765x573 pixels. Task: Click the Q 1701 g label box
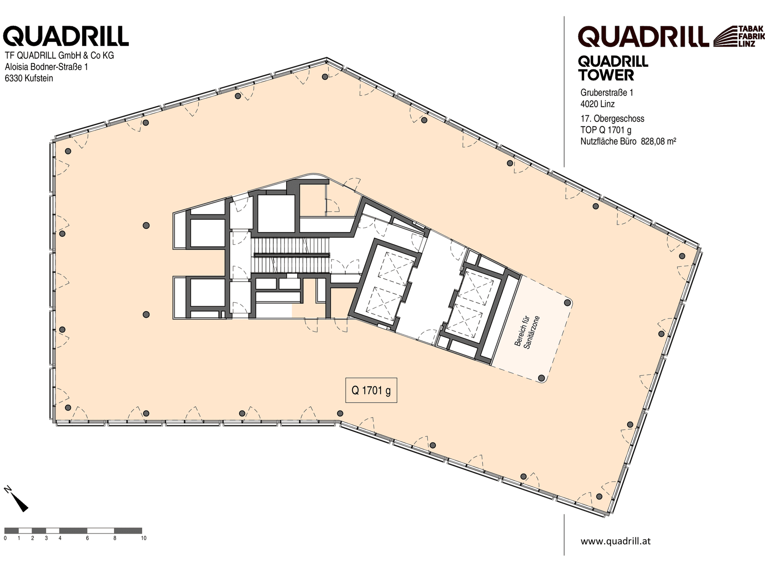[x=371, y=390]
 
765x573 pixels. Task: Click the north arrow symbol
[x=16, y=498]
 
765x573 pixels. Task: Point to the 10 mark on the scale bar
[x=144, y=538]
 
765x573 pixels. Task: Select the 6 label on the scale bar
[x=87, y=538]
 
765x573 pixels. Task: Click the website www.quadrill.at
[x=616, y=541]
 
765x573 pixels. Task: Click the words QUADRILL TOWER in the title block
[x=613, y=68]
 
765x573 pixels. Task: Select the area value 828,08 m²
[x=658, y=141]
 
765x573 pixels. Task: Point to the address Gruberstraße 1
[x=607, y=93]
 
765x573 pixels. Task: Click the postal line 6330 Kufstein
[x=29, y=78]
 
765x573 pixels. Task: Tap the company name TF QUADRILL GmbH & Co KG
[x=59, y=55]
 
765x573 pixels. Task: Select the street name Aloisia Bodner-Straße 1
[x=46, y=66]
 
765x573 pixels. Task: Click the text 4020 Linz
[x=598, y=104]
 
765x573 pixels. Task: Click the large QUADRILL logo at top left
[x=66, y=36]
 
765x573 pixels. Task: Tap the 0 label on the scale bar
[x=5, y=538]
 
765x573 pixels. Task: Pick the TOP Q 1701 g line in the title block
[x=606, y=130]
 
